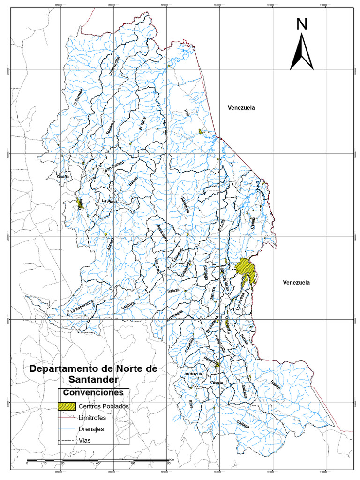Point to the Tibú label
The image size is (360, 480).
coord(187,113)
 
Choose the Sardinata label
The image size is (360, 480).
coord(185,205)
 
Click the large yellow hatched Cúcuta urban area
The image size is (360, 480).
coord(246,269)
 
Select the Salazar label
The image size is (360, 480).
coord(174,291)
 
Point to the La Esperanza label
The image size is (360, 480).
coord(82,306)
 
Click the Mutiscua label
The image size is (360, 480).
coord(194,374)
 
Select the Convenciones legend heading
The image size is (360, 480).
coord(93,392)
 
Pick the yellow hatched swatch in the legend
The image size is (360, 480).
coord(67,406)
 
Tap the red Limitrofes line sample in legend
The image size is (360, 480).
coord(67,418)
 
